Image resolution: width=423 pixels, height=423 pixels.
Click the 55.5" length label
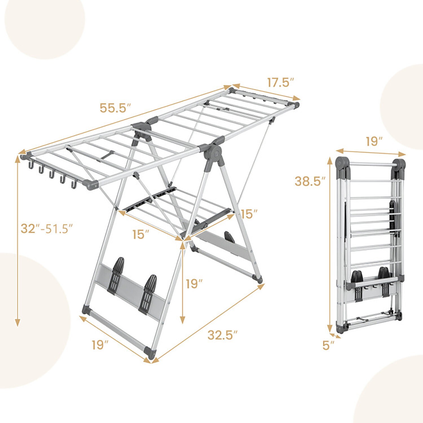point(115,108)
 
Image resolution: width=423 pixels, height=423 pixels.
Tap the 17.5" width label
point(280,83)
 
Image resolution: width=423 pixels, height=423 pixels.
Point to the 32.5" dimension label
point(222,335)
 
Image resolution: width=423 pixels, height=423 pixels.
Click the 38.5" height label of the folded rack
point(310,181)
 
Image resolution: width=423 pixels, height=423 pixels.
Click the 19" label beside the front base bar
point(100,345)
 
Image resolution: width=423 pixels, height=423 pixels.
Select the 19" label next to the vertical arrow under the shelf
point(194,284)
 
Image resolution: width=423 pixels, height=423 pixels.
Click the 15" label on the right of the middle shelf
point(249,214)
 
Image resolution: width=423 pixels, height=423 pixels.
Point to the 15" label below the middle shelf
point(141,234)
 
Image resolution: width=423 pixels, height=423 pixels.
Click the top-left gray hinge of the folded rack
point(342,163)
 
